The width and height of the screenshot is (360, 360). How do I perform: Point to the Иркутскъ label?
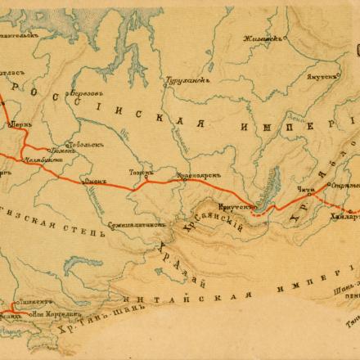233,207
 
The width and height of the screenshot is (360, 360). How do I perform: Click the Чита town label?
304,190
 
